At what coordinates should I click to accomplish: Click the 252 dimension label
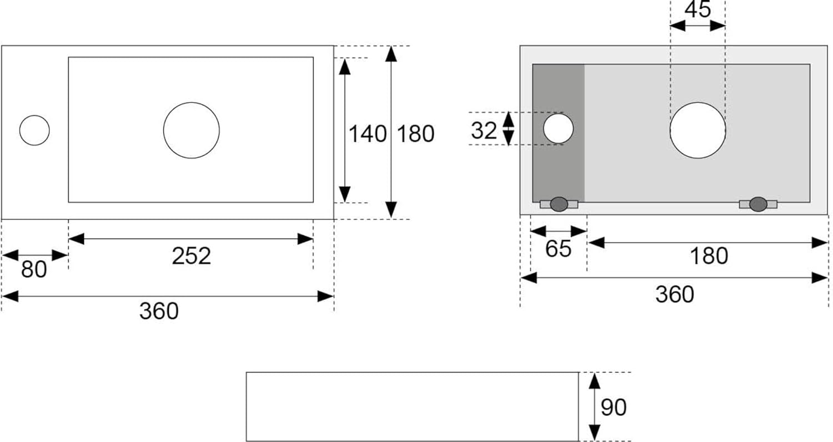192,256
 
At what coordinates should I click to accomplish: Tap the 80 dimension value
34,270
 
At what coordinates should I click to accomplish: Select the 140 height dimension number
368,134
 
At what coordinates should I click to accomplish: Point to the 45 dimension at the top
697,9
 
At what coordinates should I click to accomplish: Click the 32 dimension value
484,130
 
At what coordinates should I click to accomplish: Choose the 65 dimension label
558,249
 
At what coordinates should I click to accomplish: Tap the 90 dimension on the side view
614,408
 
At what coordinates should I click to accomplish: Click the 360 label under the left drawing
159,311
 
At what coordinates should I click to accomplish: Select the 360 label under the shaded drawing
675,294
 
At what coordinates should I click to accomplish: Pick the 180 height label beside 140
415,134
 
